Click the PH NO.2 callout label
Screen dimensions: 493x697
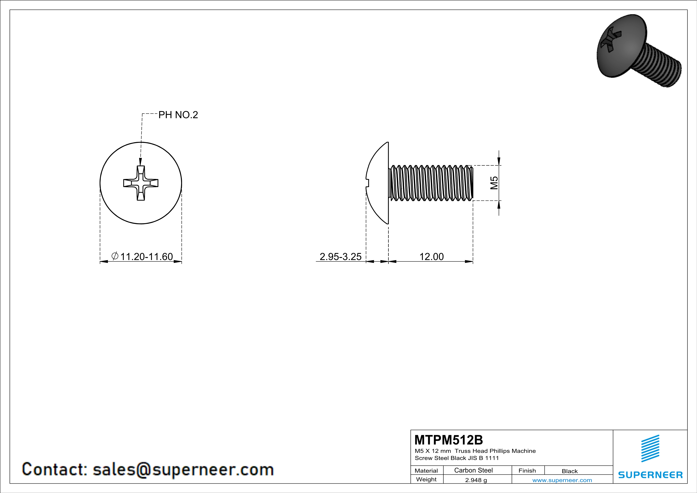pyautogui.click(x=178, y=115)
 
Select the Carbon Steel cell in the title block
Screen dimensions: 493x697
pyautogui.click(x=473, y=470)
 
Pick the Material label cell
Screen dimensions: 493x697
pyautogui.click(x=426, y=471)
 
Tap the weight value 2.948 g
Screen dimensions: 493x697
pyautogui.click(x=476, y=480)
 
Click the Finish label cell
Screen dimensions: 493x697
pyautogui.click(x=527, y=471)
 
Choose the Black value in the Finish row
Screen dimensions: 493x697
pyautogui.click(x=569, y=471)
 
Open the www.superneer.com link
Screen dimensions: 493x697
pyautogui.click(x=562, y=480)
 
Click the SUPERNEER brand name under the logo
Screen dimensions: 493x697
pyautogui.click(x=650, y=475)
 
